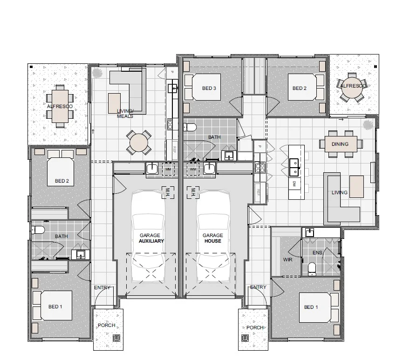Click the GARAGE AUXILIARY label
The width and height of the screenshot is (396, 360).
click(151, 238)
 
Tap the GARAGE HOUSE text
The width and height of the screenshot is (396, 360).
click(212, 238)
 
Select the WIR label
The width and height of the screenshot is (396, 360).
click(287, 259)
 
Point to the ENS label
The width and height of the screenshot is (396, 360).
click(318, 253)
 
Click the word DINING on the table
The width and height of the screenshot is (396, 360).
click(340, 144)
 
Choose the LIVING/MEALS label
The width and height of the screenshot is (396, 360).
click(125, 113)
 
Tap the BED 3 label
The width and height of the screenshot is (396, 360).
click(209, 88)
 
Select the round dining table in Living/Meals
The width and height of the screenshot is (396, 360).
click(139, 143)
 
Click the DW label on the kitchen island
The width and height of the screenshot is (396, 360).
click(294, 184)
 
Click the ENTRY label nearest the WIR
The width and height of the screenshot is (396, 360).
click(258, 287)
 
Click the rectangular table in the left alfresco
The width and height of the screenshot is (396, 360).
click(59, 106)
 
